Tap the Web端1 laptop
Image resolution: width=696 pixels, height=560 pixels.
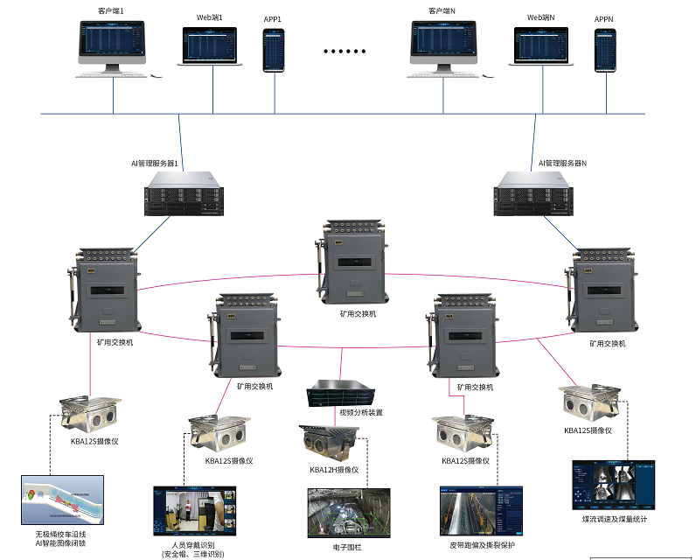pos(209,48)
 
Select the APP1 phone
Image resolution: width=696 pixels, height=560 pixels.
pos(274,50)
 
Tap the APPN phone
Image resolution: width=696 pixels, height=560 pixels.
pos(605,51)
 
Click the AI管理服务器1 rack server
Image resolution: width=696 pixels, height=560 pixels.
pos(180,193)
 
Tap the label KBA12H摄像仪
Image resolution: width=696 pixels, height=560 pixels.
pos(334,470)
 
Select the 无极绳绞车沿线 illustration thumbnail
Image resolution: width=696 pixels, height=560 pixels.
pos(62,500)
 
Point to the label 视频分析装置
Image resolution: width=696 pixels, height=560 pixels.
pos(360,412)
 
